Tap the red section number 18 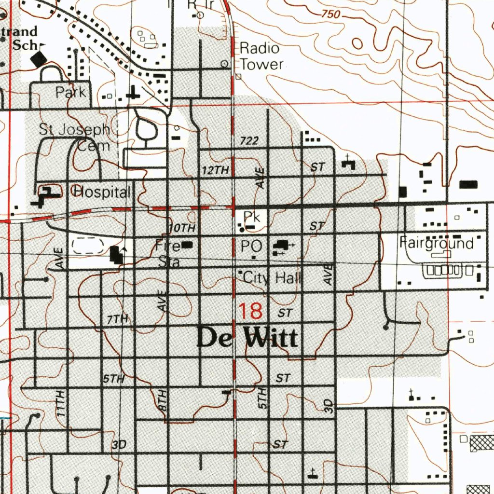pos(251,311)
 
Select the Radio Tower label pos(261,56)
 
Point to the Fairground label pos(437,243)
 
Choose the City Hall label pos(272,277)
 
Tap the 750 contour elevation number pos(330,15)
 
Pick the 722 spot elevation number pos(249,141)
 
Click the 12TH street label pos(215,170)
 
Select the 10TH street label pos(182,227)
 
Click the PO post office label pos(251,247)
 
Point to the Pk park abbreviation pos(251,217)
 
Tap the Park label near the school pos(71,92)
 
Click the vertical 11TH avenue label pos(60,403)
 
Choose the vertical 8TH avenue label pos(163,400)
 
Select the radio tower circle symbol pos(224,64)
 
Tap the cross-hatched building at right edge pos(481,442)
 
